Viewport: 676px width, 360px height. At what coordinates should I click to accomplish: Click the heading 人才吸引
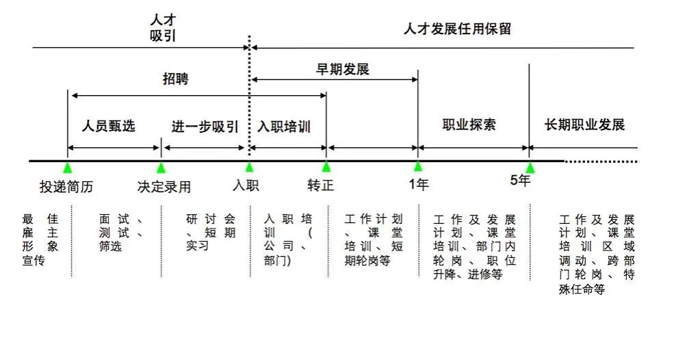[163, 28]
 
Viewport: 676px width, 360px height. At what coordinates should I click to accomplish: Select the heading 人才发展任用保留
[458, 29]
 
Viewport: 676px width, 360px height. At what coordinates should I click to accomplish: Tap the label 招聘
[175, 79]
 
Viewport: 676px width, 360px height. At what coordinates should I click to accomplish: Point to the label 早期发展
[343, 69]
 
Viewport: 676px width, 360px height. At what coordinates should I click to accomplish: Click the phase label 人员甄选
[109, 126]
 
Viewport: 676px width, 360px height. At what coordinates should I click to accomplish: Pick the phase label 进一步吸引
[205, 127]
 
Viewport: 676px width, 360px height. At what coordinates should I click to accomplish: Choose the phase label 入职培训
[284, 127]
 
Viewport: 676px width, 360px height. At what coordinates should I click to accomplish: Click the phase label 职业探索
[469, 125]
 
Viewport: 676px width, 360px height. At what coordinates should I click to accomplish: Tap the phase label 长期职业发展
[584, 125]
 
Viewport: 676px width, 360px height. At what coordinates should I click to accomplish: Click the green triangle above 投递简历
[67, 168]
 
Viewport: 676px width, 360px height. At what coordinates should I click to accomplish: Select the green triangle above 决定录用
[161, 168]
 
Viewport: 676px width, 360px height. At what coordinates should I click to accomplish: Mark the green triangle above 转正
[326, 167]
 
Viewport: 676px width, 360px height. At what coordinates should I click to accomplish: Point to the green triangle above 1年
[418, 166]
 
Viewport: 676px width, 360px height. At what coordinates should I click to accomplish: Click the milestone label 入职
[246, 185]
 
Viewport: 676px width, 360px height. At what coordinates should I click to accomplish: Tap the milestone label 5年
[520, 180]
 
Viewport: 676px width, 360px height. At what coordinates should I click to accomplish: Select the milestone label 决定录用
[164, 187]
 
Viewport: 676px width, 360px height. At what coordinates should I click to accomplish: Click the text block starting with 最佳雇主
[40, 240]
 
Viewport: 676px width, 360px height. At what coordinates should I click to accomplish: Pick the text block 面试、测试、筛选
[121, 233]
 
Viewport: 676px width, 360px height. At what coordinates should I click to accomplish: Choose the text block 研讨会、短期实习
[211, 233]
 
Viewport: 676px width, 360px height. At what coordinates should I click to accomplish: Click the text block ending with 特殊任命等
[597, 255]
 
